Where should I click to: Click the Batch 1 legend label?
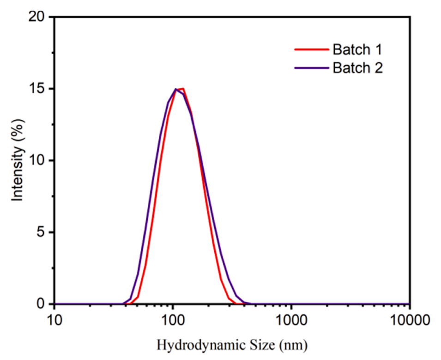coord(357,49)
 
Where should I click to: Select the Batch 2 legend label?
coord(357,68)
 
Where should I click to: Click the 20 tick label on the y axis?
coord(38,17)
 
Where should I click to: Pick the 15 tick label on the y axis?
coord(38,89)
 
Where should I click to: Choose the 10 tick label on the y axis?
coord(38,160)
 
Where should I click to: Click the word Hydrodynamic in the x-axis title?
coord(196,345)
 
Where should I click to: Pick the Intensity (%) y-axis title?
coord(17,160)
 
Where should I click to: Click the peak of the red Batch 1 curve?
coord(183,88)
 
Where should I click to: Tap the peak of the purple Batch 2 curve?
coord(176,89)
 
